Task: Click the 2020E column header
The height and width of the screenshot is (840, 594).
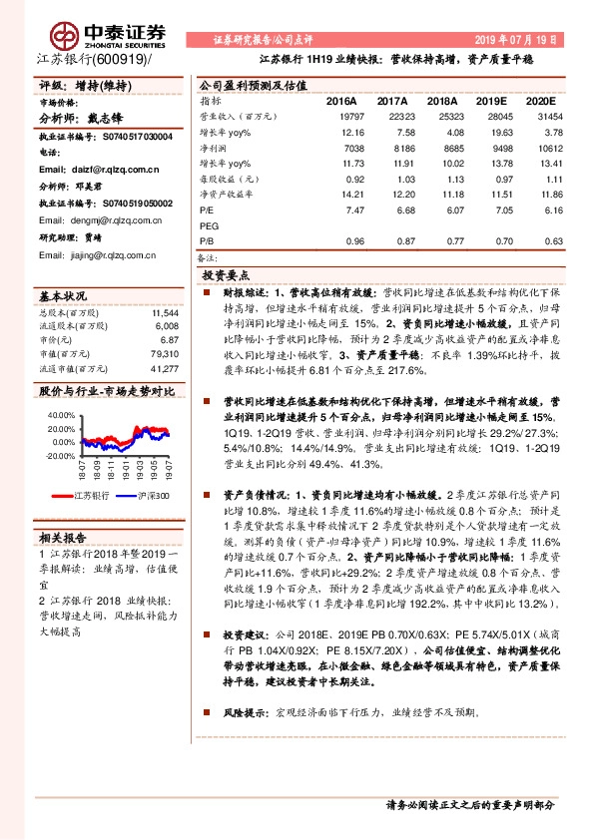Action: pos(538,102)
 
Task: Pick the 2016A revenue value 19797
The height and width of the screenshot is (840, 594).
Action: pos(340,117)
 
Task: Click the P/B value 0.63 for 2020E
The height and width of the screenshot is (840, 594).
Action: pos(542,241)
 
